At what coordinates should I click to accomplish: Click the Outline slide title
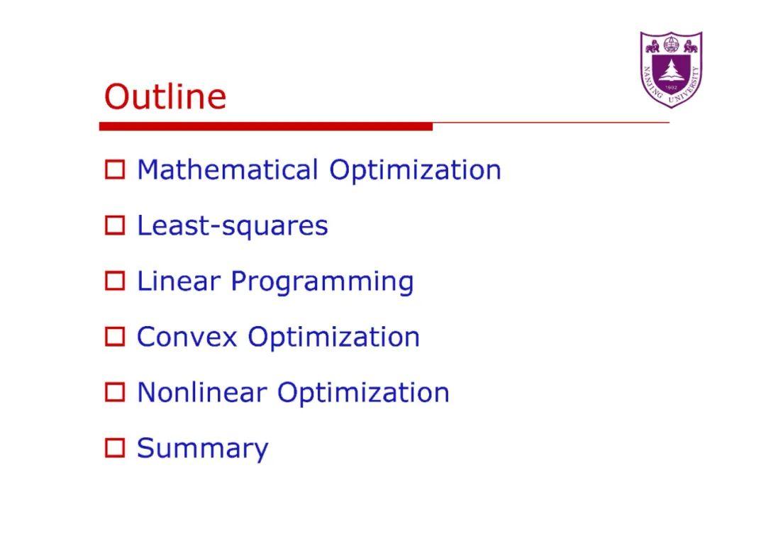pos(165,96)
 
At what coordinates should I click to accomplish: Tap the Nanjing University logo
pos(670,69)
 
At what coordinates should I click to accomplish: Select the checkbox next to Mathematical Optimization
pos(115,170)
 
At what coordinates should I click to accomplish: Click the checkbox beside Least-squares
pos(115,226)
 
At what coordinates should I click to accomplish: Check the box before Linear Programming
pos(115,281)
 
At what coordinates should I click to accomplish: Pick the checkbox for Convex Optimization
pos(115,337)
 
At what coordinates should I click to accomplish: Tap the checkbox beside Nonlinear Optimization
pos(115,392)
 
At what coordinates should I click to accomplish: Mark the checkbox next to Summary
pos(115,448)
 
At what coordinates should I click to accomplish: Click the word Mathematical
pos(227,170)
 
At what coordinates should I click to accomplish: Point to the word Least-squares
pos(232,226)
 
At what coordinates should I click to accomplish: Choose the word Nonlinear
pos(201,392)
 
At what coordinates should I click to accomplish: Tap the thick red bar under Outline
pos(265,126)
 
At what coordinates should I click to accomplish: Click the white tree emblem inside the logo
pos(671,71)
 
